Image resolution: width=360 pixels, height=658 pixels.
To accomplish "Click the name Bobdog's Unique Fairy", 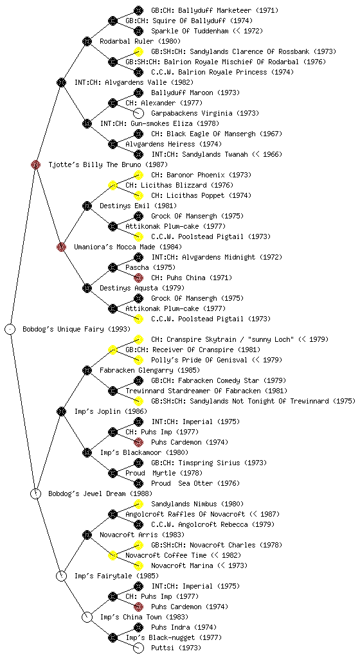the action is [x=63, y=329].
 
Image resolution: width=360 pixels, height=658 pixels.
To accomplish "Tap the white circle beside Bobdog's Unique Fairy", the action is [x=10, y=329].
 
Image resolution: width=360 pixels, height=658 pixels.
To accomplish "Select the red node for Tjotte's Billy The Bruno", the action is [x=35, y=164].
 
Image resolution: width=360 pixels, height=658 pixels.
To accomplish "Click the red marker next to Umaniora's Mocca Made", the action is [x=61, y=247].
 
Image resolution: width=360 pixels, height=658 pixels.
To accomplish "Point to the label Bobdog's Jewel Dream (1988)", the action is [x=100, y=493].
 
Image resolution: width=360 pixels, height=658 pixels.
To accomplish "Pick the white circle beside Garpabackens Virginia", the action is [x=138, y=113].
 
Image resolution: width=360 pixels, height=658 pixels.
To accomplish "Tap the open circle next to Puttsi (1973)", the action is [x=138, y=648].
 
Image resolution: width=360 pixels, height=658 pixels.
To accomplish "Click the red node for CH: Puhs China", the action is [x=138, y=278].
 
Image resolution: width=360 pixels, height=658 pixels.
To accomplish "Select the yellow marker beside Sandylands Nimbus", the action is [x=138, y=504].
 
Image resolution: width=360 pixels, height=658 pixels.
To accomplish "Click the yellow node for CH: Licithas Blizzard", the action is [x=113, y=185].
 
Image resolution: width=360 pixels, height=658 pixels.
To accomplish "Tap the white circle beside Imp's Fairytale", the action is [x=61, y=576].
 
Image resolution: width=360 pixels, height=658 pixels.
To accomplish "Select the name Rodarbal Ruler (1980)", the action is [x=140, y=41].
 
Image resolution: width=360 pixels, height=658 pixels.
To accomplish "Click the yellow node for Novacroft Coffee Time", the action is [x=113, y=555].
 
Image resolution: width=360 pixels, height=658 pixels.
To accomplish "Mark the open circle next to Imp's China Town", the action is [x=87, y=617].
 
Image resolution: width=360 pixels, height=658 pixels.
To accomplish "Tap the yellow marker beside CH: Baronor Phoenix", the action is [x=138, y=175].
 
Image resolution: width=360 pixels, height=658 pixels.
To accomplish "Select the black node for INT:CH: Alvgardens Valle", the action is [x=61, y=82].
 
